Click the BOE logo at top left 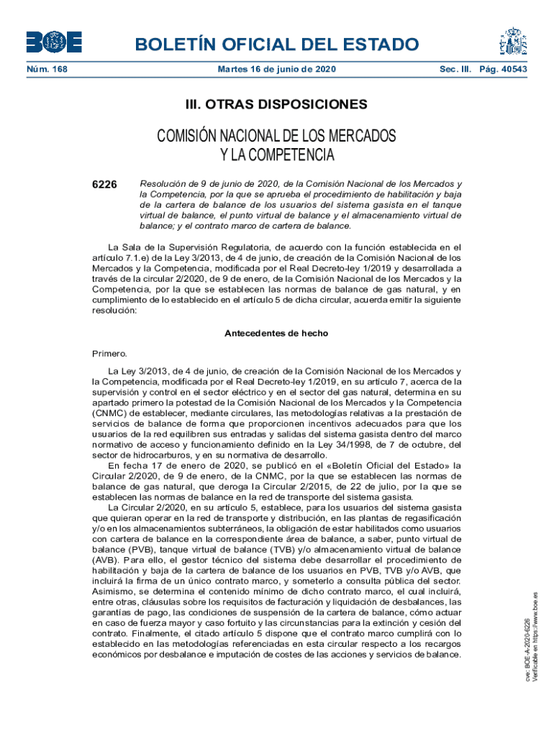pos(54,42)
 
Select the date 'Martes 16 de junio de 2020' pos(276,70)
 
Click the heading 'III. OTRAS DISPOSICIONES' pos(276,105)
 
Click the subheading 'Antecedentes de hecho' pos(276,333)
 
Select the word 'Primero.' pos(109,353)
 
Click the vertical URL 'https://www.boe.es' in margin pos(536,629)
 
